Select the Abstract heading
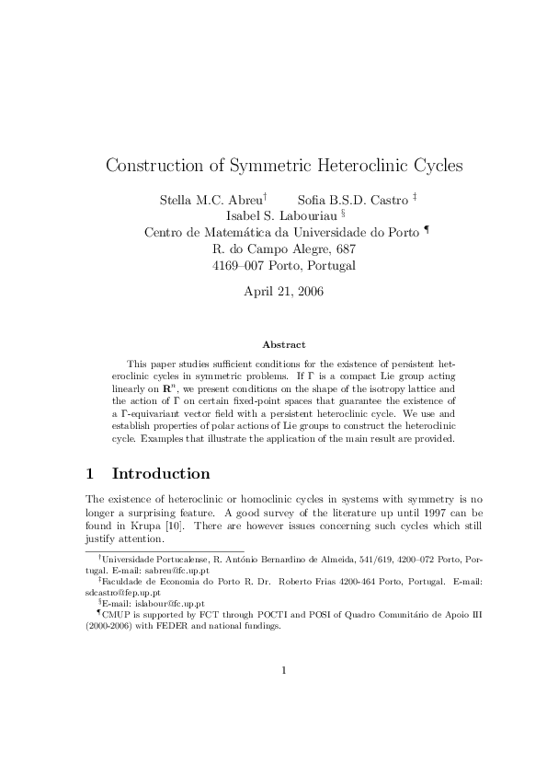click(284, 344)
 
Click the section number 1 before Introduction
click(89, 474)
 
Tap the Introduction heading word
click(161, 474)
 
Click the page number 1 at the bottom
click(284, 670)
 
